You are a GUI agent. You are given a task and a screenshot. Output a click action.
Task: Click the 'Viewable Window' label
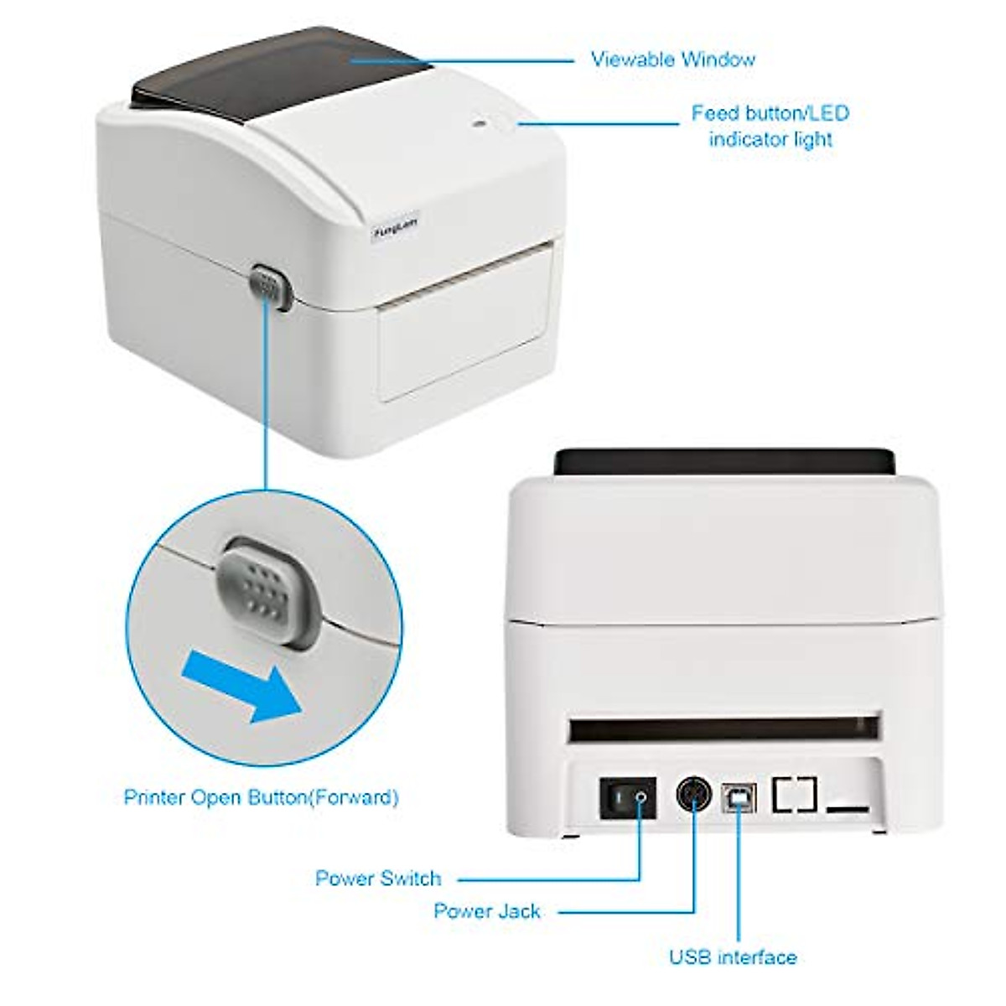672,60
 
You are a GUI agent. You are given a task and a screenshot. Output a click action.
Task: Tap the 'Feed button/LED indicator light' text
770,126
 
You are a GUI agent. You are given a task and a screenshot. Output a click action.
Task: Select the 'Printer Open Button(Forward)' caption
261,796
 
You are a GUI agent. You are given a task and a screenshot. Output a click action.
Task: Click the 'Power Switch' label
377,879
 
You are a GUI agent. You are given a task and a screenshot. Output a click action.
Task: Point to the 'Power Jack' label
487,910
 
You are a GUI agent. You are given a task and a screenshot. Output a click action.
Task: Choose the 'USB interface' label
733,957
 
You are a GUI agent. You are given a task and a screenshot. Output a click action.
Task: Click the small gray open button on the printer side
268,288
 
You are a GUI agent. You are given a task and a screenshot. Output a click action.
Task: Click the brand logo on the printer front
397,220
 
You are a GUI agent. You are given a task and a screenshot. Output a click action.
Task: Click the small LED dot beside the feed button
479,125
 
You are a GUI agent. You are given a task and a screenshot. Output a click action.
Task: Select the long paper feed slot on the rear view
724,728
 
